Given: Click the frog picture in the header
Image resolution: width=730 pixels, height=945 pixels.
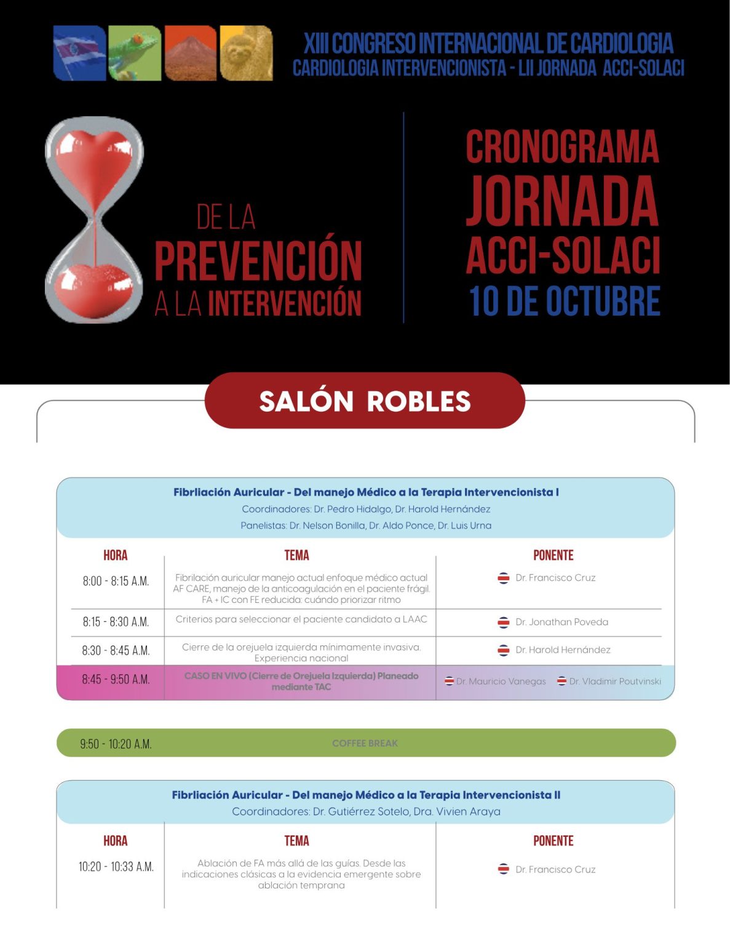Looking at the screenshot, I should point(135,53).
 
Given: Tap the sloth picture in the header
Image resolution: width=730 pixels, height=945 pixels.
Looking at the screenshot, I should point(246,53).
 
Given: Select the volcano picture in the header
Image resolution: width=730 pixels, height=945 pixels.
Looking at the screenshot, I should point(191,53).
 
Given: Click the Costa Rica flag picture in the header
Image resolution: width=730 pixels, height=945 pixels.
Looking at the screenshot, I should point(79,53).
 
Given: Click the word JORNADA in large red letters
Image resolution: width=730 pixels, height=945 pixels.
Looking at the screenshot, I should point(562,201).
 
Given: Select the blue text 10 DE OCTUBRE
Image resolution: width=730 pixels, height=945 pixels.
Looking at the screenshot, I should point(565,301).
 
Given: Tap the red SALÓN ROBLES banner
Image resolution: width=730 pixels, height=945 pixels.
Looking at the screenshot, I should point(365,401).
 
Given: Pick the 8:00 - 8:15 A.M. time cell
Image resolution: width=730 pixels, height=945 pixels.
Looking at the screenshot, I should point(116,581).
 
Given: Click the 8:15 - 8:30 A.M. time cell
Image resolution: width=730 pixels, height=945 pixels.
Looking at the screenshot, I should point(116,622).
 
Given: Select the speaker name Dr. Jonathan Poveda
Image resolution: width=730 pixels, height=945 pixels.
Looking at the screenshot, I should point(561,622).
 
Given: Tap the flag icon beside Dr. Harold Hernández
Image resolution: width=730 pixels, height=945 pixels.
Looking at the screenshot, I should point(503,650).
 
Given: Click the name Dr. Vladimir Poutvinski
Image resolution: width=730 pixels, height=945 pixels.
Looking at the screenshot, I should point(615,681).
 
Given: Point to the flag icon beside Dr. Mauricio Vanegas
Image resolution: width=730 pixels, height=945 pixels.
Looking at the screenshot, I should point(450,681).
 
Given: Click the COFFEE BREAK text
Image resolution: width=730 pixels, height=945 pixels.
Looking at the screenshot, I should point(365,743).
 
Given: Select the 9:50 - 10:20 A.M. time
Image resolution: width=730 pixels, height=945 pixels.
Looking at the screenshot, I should point(116,744).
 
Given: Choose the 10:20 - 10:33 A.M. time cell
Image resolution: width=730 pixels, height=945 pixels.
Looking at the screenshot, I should point(116,867).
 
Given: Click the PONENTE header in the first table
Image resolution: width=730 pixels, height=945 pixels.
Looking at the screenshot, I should point(553,555).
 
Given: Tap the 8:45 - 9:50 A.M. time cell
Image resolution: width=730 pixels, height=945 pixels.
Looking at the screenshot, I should point(116,680).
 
